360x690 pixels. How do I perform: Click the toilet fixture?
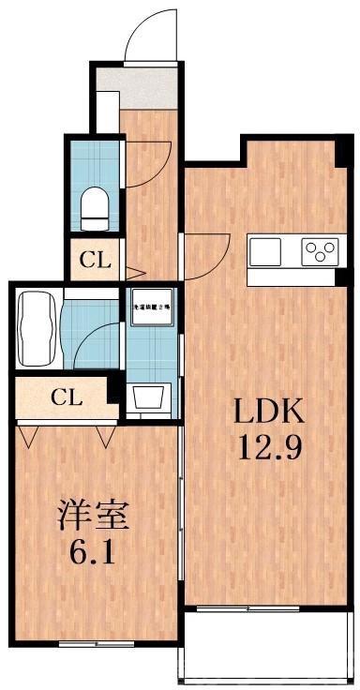tap(96, 207)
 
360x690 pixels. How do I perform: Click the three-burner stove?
tap(320, 251)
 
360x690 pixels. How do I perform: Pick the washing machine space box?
tap(152, 307)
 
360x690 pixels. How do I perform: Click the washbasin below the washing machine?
tap(150, 398)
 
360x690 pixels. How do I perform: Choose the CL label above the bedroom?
tap(66, 397)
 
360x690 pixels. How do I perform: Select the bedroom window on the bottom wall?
tap(94, 643)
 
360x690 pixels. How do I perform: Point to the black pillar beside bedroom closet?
tap(113, 382)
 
